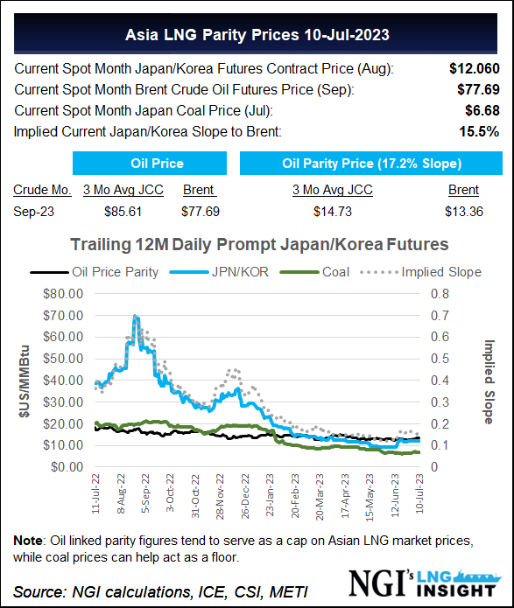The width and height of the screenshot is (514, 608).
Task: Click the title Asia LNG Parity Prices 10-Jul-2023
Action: coord(257,37)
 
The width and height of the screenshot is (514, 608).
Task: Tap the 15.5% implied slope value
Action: coord(481,131)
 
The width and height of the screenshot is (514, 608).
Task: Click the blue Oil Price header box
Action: coord(150,163)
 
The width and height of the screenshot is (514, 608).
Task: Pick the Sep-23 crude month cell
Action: coord(33,211)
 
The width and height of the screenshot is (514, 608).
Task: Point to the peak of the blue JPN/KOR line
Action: coord(136,317)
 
